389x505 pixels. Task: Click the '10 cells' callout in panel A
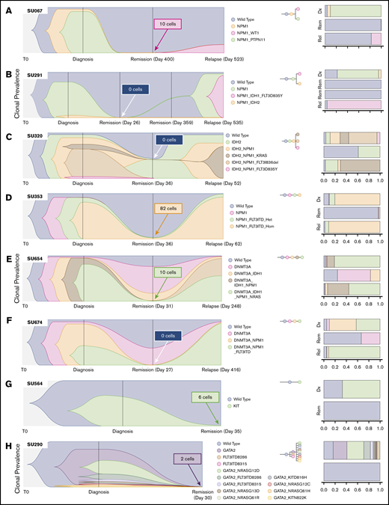point(168,25)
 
